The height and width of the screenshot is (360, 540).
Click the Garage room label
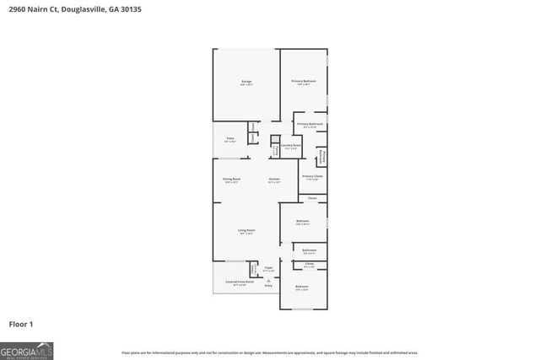(x=246, y=82)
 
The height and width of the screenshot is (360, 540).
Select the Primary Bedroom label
(x=304, y=81)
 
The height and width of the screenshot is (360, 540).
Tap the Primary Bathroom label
(x=310, y=125)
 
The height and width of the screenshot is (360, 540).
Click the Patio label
(x=229, y=138)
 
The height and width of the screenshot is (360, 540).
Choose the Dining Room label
(x=232, y=179)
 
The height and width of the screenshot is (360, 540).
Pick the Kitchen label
(x=274, y=179)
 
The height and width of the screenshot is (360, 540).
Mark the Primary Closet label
(x=312, y=177)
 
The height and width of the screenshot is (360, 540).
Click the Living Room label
(x=246, y=230)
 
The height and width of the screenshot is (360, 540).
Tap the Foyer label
(x=268, y=267)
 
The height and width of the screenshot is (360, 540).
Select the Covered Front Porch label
(x=235, y=282)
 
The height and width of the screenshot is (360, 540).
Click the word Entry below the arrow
(x=268, y=287)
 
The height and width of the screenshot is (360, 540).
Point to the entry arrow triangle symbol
(x=268, y=280)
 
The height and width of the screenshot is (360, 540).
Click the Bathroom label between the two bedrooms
(x=310, y=250)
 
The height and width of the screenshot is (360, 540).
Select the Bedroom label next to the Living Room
(x=303, y=222)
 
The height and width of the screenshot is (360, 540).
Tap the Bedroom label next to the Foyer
(x=302, y=287)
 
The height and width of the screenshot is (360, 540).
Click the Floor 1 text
(x=20, y=324)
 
